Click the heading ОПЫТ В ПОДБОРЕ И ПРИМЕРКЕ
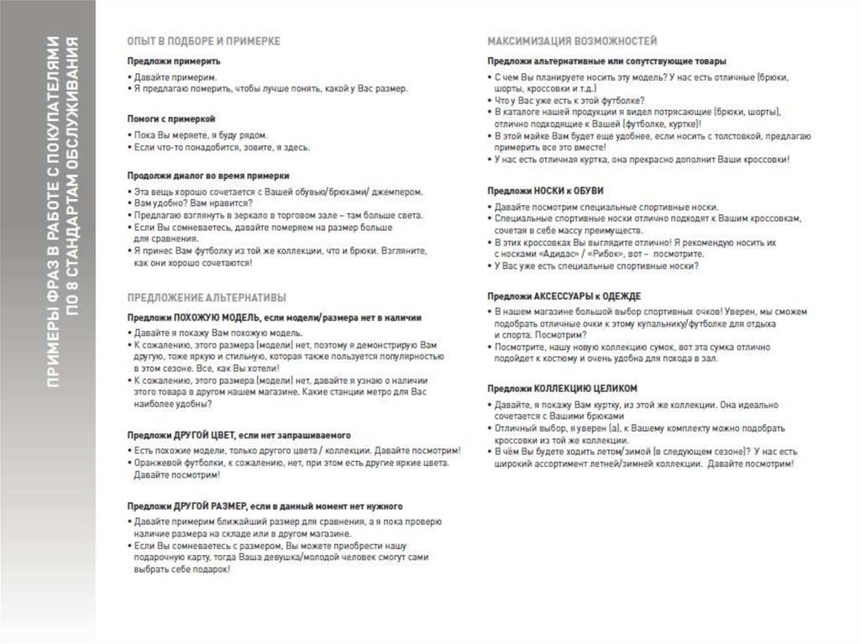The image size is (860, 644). point(203,40)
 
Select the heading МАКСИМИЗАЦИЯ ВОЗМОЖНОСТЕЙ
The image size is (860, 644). point(573,40)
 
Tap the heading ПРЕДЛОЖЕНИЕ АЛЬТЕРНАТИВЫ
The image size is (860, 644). point(207,297)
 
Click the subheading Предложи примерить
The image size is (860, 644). point(174,61)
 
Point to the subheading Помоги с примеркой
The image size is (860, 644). point(171,119)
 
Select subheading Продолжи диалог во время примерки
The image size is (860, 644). point(208,176)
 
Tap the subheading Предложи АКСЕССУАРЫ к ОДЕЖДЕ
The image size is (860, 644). point(564,296)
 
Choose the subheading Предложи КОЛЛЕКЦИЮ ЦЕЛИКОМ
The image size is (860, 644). point(562,389)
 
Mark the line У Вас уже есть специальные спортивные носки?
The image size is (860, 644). point(596,266)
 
